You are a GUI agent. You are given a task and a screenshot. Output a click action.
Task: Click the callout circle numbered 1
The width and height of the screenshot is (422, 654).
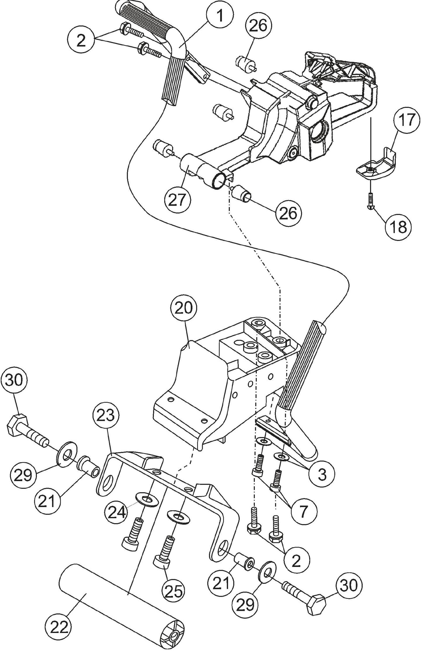click(220, 16)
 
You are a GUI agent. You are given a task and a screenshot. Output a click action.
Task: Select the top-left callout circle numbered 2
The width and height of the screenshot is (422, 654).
click(81, 41)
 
